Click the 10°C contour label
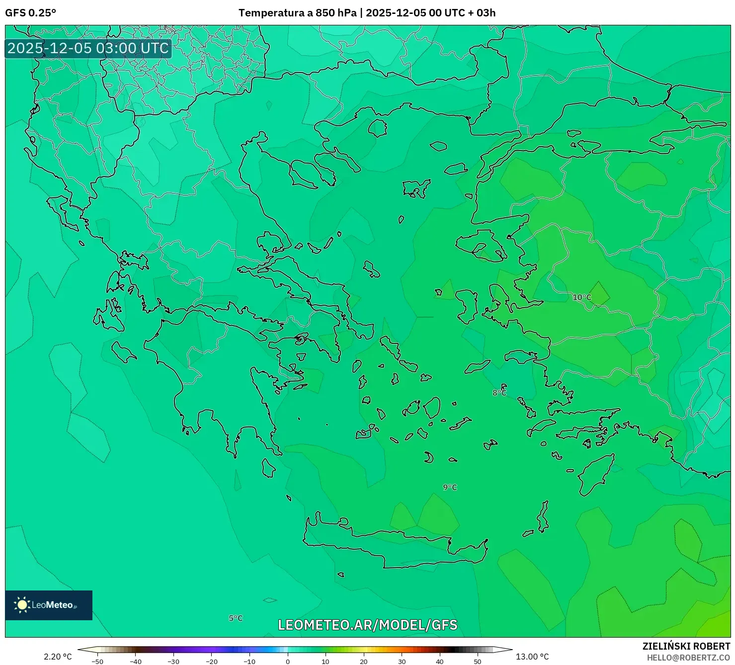582,298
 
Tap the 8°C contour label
499,393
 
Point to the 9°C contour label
450,487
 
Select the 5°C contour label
236,618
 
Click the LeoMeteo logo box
49,605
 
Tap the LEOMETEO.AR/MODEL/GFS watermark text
367,625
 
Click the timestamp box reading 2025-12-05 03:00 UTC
88,48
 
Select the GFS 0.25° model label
30,13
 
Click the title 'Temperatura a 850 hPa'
297,13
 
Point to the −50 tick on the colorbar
97,661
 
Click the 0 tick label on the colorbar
288,661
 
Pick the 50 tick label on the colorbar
478,661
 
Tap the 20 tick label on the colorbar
364,661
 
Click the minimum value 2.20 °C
58,657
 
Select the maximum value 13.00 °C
532,657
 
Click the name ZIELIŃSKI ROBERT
686,646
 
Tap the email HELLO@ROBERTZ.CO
688,658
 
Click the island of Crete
398,547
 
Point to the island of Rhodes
595,475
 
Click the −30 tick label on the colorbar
173,661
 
